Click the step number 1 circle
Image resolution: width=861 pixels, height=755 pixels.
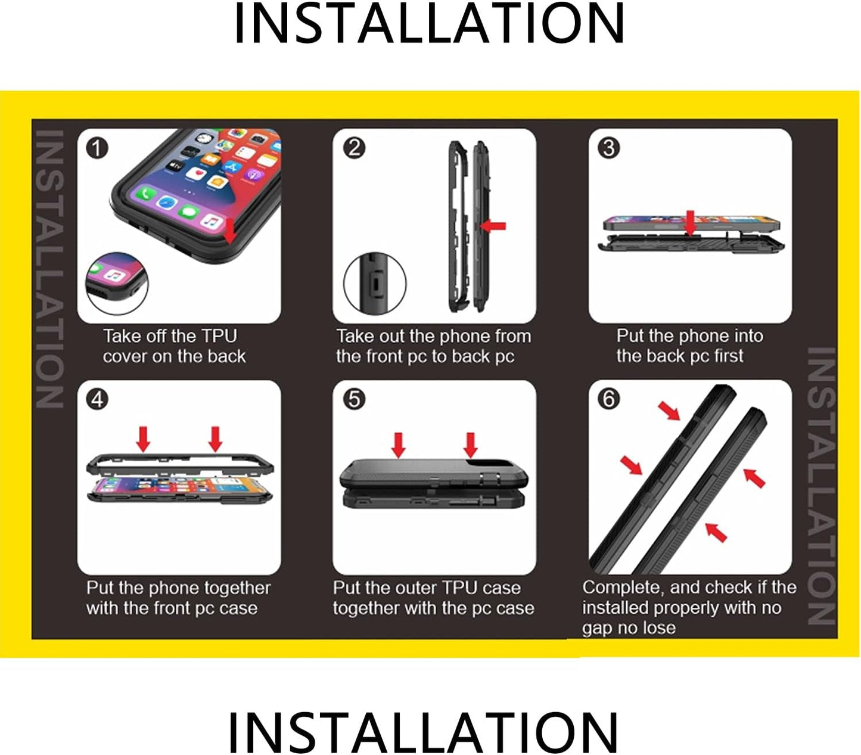pos(97,148)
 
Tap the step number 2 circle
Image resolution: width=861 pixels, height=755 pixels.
pos(353,148)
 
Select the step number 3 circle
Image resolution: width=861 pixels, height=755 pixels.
pos(608,148)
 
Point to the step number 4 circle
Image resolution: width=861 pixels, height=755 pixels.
pos(97,399)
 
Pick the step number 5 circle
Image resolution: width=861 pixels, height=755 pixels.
pos(353,399)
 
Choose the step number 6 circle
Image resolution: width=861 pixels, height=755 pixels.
pos(608,399)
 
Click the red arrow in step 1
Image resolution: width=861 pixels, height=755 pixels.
pos(229,231)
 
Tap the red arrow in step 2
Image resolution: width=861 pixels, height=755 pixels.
pos(493,226)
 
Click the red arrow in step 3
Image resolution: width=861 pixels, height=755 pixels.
pos(691,222)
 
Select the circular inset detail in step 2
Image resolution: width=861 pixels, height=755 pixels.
pos(374,283)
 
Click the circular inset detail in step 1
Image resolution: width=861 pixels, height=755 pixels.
pos(117,284)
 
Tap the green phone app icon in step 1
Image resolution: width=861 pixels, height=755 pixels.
pos(146,194)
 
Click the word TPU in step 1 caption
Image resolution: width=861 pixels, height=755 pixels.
pos(219,336)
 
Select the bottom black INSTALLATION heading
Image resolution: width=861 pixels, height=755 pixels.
pos(423,732)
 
